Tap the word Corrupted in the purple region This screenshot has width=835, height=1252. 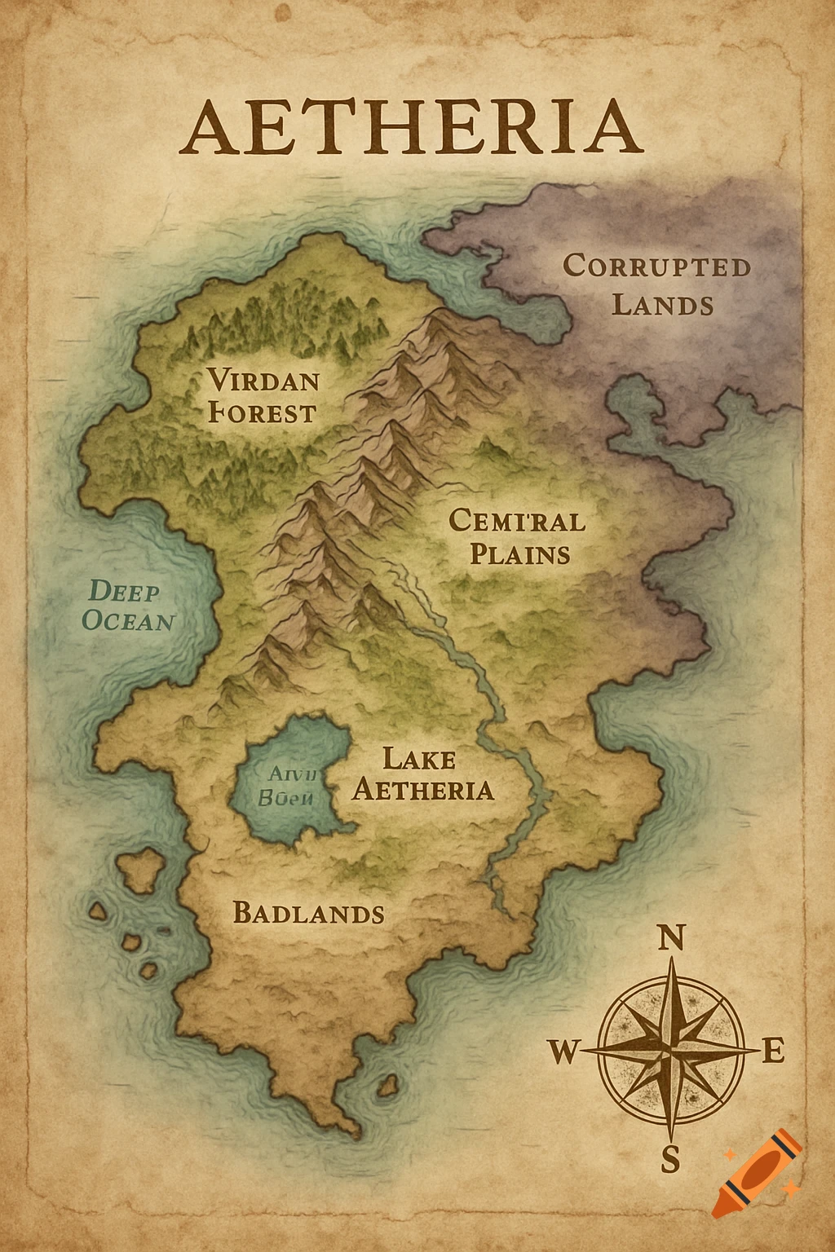click(656, 267)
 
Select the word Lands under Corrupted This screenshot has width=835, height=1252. click(662, 306)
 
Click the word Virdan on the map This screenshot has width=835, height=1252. click(263, 380)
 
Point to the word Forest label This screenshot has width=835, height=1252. click(262, 412)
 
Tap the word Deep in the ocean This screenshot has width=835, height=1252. click(124, 591)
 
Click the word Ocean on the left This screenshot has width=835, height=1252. click(128, 621)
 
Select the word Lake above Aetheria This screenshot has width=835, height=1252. click(418, 759)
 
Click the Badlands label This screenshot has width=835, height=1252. click(308, 913)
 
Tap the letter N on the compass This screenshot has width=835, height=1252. click(669, 939)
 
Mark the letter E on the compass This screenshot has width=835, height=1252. click(773, 1051)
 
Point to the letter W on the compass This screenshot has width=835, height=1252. click(562, 1052)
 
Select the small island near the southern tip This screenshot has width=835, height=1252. click(388, 1086)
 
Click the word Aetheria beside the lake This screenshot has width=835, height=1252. click(423, 790)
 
